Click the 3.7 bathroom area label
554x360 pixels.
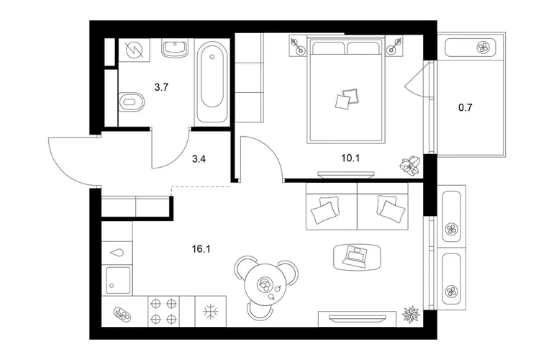coord(161,87)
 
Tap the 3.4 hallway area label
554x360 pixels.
coord(199,159)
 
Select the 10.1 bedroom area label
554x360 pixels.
coord(350,158)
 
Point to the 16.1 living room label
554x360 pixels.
coord(201,249)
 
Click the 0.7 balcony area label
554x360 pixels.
coord(465,107)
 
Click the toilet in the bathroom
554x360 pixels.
coord(132,102)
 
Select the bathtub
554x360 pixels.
coord(212,82)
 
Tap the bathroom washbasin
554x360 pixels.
coord(175,48)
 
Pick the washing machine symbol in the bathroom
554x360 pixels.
coord(135,50)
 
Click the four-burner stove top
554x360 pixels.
coord(163,311)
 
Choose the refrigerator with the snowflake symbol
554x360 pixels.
coord(211,311)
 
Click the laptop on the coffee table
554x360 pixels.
coord(356,256)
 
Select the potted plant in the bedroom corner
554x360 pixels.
coord(411,164)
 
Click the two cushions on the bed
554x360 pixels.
coord(347,98)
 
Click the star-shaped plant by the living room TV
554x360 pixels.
coord(412,314)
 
